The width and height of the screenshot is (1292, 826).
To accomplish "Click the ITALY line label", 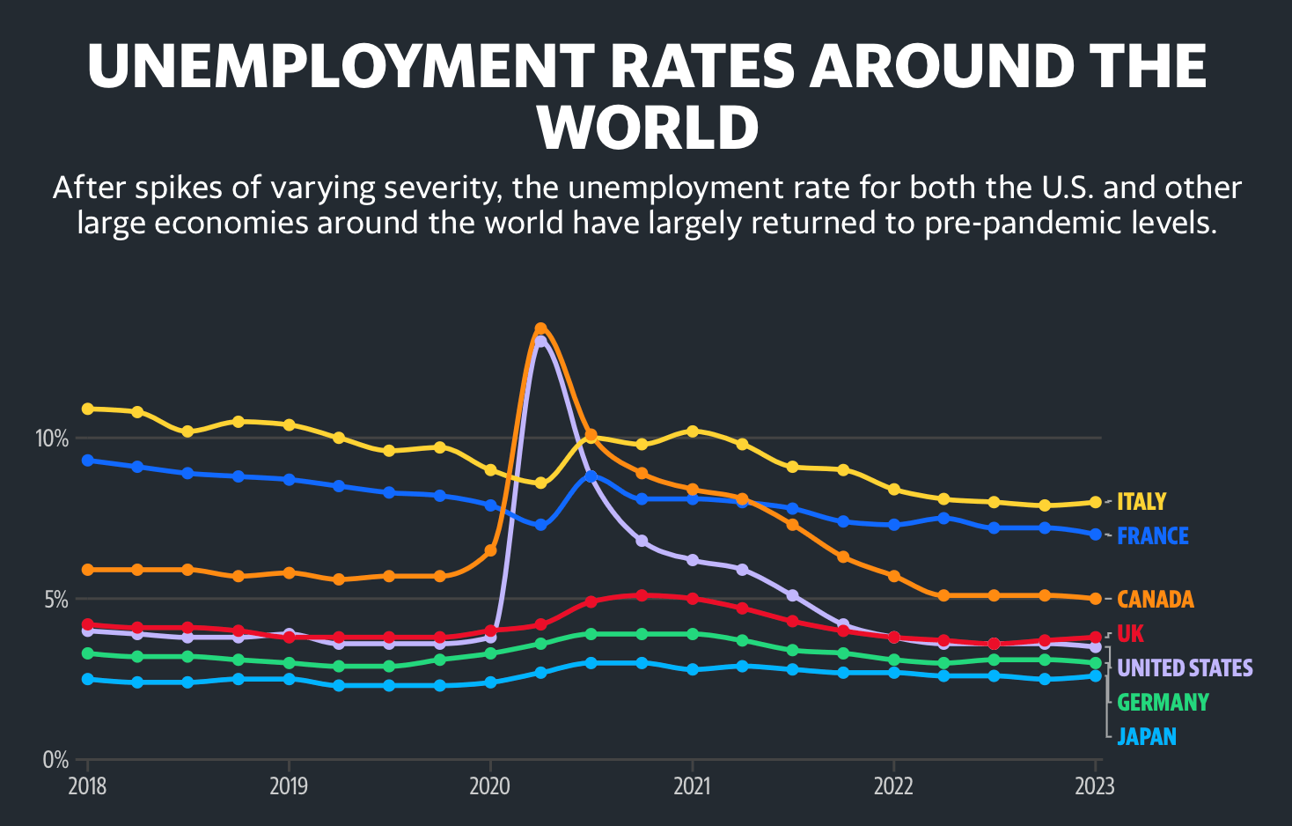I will [1142, 502].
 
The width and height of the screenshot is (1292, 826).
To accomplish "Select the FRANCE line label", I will [1153, 536].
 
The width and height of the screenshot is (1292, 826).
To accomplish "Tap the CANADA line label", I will [1156, 600].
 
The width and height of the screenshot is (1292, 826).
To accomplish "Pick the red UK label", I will [1131, 634].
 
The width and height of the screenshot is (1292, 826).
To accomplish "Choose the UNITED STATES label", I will [1185, 668].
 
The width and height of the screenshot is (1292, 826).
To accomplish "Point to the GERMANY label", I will [1163, 703].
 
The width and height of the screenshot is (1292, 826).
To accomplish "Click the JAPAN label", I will [1147, 737].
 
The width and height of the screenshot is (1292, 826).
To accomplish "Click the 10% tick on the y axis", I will [51, 439].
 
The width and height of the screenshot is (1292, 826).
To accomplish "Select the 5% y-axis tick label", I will [55, 600].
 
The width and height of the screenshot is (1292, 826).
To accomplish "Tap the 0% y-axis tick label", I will [55, 760].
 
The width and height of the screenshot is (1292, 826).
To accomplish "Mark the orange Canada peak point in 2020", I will [540, 329].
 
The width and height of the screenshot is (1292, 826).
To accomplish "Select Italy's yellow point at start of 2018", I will [87, 409].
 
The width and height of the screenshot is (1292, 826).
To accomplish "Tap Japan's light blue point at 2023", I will [1096, 675].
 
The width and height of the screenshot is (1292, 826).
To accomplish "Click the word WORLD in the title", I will [648, 129].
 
